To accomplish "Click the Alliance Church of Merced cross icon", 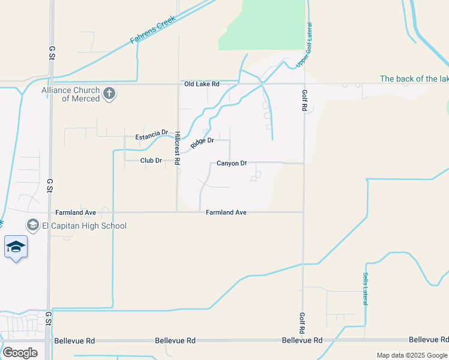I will (109, 94).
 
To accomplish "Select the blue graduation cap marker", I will (16, 247).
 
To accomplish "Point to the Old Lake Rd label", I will (202, 84).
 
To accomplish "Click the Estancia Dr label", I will (151, 136).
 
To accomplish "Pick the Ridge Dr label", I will (202, 143).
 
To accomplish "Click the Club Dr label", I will (151, 161).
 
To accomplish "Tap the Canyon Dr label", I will (232, 163).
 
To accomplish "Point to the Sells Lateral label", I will (364, 289).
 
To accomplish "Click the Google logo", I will (20, 353).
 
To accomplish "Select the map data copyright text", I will (412, 355).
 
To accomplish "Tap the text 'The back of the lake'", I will (414, 79).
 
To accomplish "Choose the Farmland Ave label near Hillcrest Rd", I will (226, 212).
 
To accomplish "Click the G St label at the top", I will (51, 52).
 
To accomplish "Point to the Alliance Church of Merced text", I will (70, 94).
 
